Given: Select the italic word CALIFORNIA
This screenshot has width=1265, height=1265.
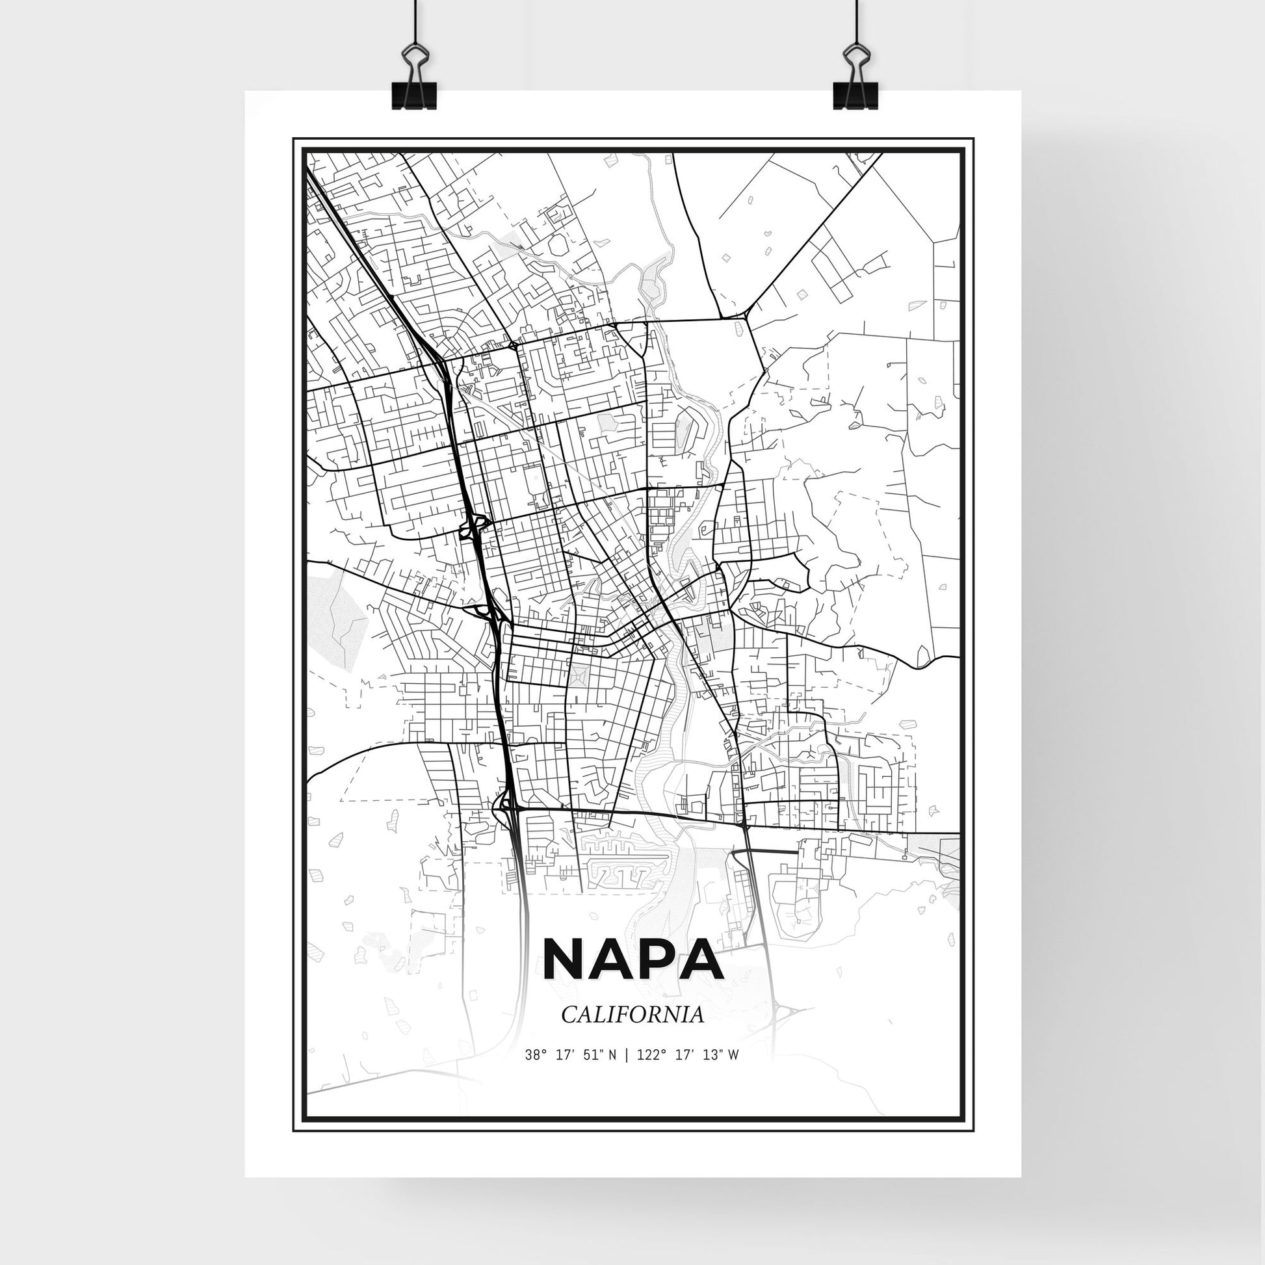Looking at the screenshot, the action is tap(632, 1033).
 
